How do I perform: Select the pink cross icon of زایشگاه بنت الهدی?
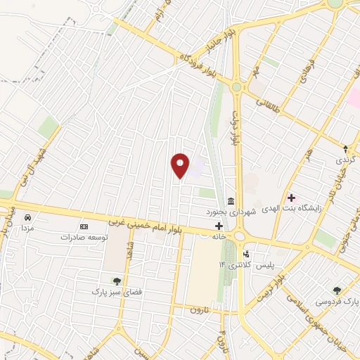(x=291, y=198)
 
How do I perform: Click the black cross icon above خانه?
(x=219, y=226)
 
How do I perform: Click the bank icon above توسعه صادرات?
(x=84, y=227)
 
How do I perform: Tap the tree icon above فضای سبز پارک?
(x=117, y=281)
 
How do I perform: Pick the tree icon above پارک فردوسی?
(x=337, y=290)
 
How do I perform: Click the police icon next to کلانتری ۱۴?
(x=246, y=255)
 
